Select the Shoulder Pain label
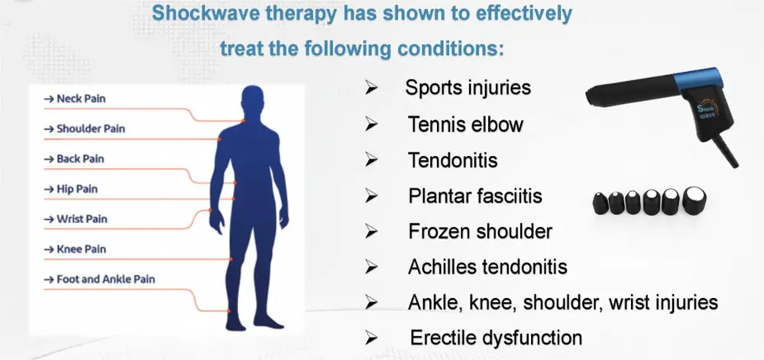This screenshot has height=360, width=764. [x=86, y=128]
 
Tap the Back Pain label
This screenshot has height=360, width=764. [x=76, y=159]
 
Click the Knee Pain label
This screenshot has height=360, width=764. [x=76, y=249]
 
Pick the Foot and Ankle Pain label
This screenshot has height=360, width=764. [x=100, y=279]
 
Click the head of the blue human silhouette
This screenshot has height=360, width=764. [x=253, y=101]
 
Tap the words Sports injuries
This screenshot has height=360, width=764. [x=468, y=87]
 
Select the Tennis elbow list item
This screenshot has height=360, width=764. [x=465, y=124]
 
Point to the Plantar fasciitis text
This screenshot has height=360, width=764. [x=475, y=196]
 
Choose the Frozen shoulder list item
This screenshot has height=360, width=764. [x=480, y=231]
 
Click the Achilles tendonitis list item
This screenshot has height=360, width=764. [x=487, y=267]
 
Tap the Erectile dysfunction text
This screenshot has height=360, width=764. [x=496, y=337]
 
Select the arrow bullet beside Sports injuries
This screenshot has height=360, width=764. [x=372, y=88]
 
